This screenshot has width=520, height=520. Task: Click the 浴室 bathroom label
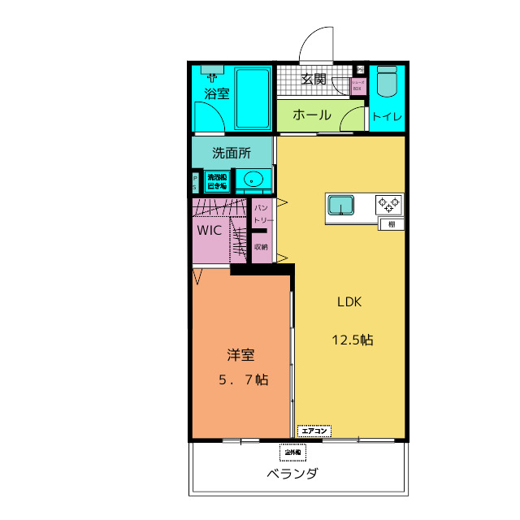pos(216,93)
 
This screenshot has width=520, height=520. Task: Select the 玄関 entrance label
pos(314,79)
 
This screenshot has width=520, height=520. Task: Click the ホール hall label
pos(311,115)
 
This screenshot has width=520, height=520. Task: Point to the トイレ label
pos(387,117)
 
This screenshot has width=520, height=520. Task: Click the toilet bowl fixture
pos(387,82)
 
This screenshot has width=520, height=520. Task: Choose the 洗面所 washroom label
pos(231,152)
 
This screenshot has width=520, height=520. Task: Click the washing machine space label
pos(217,180)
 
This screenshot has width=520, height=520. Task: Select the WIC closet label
pos(210,230)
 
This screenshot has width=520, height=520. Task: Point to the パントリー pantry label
pos(262,214)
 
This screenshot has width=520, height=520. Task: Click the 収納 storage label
pos(261,246)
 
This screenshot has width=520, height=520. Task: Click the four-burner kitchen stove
pos(388,204)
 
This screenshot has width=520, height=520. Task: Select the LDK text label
pos(349,301)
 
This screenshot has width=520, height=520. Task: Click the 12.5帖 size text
pos(352,340)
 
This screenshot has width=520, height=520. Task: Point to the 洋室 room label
pos(240,355)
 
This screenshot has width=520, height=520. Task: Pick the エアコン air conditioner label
pos(314,430)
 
